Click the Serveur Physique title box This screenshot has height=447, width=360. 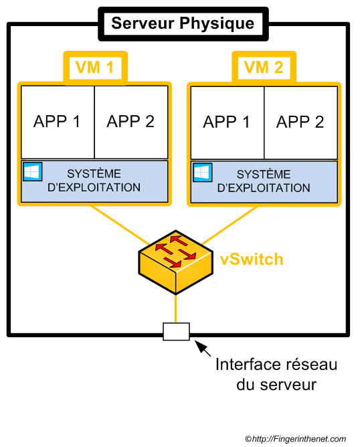click(x=183, y=24)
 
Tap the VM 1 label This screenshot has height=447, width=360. click(x=95, y=68)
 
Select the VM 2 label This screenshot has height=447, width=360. click(x=264, y=68)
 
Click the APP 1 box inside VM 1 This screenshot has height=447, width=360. click(x=58, y=122)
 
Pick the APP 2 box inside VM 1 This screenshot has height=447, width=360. click(x=131, y=122)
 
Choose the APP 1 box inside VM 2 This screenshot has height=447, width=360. click(x=227, y=122)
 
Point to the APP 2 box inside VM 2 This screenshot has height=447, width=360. click(x=300, y=122)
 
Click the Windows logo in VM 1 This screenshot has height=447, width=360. click(x=33, y=171)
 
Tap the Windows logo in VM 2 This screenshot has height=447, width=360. click(x=202, y=173)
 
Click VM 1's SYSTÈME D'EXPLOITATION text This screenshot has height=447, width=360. click(x=94, y=181)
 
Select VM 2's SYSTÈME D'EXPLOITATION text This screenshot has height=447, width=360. click(x=264, y=181)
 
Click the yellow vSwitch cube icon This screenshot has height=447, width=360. click(x=175, y=262)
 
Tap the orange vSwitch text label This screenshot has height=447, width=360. click(x=252, y=259)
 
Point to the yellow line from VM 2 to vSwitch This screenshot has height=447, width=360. click(x=230, y=226)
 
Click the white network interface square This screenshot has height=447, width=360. click(x=176, y=331)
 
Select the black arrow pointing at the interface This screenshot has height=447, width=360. click(x=203, y=349)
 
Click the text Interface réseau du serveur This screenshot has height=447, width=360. click(x=276, y=374)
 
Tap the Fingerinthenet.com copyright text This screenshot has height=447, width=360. click(x=295, y=439)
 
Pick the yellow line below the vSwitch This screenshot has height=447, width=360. click(x=175, y=308)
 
